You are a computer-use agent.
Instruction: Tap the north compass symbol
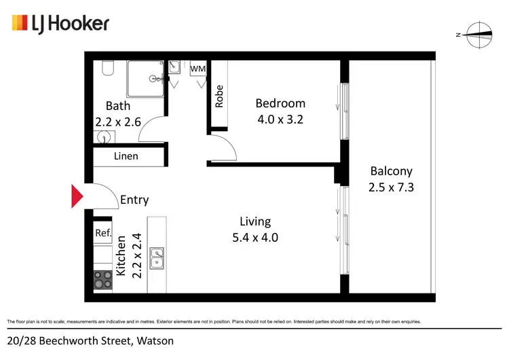(x=476, y=34)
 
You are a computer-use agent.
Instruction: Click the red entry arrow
(x=77, y=197)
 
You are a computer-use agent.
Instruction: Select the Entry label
(x=134, y=200)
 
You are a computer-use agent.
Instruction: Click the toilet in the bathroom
(x=108, y=69)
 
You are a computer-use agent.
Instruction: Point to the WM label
(x=197, y=69)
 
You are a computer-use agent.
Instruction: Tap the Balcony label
(x=391, y=171)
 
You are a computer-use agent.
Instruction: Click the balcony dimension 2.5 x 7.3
(x=391, y=187)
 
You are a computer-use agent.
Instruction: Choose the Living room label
(x=255, y=221)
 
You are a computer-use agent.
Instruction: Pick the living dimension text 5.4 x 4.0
(x=255, y=238)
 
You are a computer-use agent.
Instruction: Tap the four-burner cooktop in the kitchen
(x=102, y=280)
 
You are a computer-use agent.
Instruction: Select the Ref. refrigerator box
(x=102, y=233)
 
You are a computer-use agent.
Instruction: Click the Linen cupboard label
(x=126, y=156)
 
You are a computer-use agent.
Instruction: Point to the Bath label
(x=118, y=106)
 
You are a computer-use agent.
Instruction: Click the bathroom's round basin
(x=103, y=137)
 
